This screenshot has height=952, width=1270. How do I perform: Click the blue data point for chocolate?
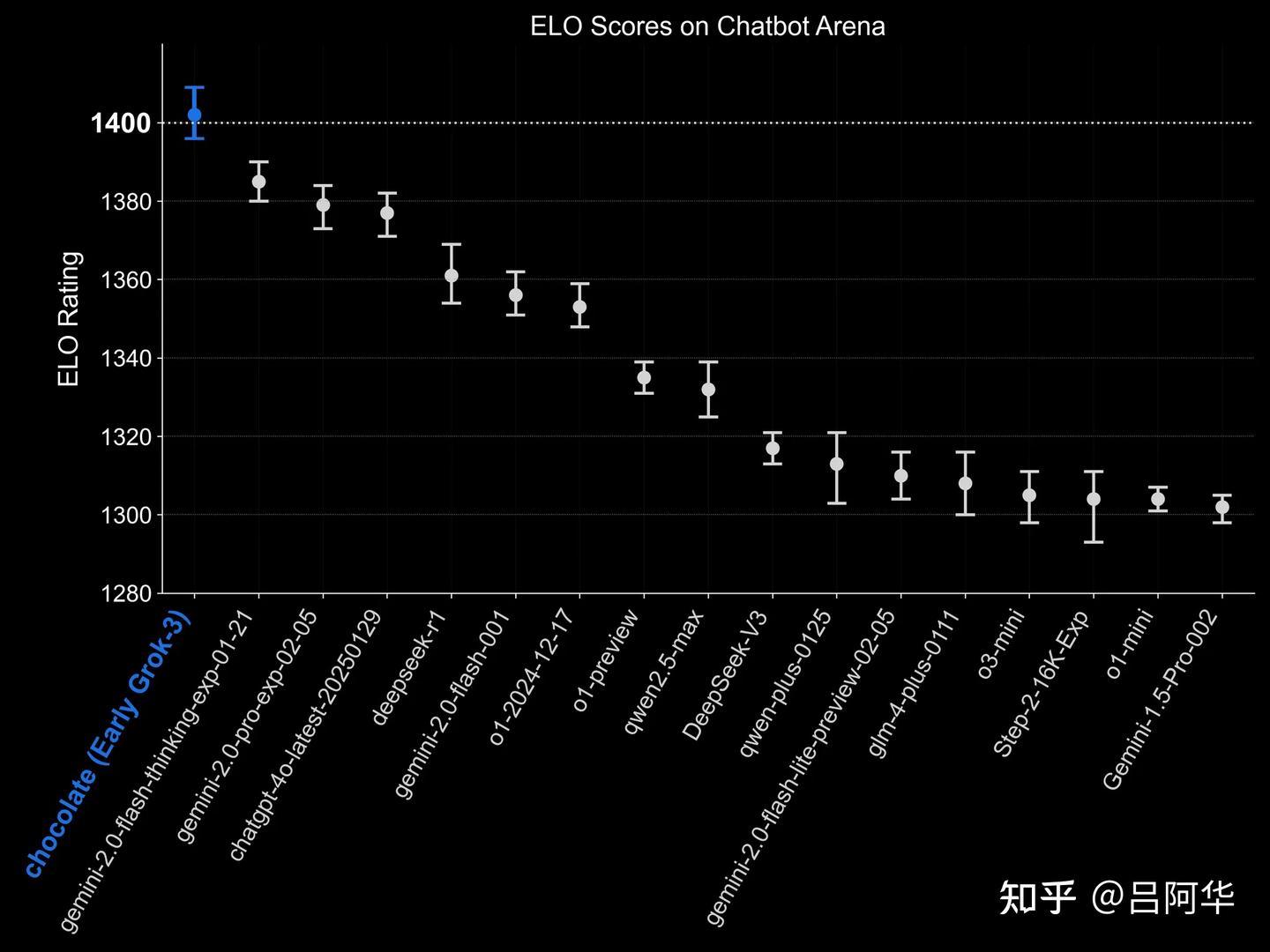[x=194, y=115]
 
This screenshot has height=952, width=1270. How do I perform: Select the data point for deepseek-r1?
[x=452, y=275]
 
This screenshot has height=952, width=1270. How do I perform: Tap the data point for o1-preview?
[x=644, y=377]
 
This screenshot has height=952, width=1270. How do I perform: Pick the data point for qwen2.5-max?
[x=708, y=390]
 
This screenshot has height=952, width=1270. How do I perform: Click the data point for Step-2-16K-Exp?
[x=1094, y=499]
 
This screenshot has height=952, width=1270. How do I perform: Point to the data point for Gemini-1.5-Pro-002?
[x=1221, y=507]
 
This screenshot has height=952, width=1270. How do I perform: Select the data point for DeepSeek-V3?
[x=773, y=448]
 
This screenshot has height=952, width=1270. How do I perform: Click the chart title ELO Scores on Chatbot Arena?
[x=707, y=26]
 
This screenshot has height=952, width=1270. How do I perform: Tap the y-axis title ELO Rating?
[x=69, y=319]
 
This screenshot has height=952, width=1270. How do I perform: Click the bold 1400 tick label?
[x=121, y=123]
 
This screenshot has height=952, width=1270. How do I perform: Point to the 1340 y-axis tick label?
[x=126, y=359]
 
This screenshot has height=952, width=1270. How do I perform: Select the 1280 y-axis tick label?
[x=126, y=593]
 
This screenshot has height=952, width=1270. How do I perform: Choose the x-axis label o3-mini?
[x=1001, y=644]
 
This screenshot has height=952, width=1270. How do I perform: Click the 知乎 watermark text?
[x=1037, y=898]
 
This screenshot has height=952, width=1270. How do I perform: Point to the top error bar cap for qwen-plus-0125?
[x=837, y=433]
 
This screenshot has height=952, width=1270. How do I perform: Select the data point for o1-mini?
[x=1158, y=499]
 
